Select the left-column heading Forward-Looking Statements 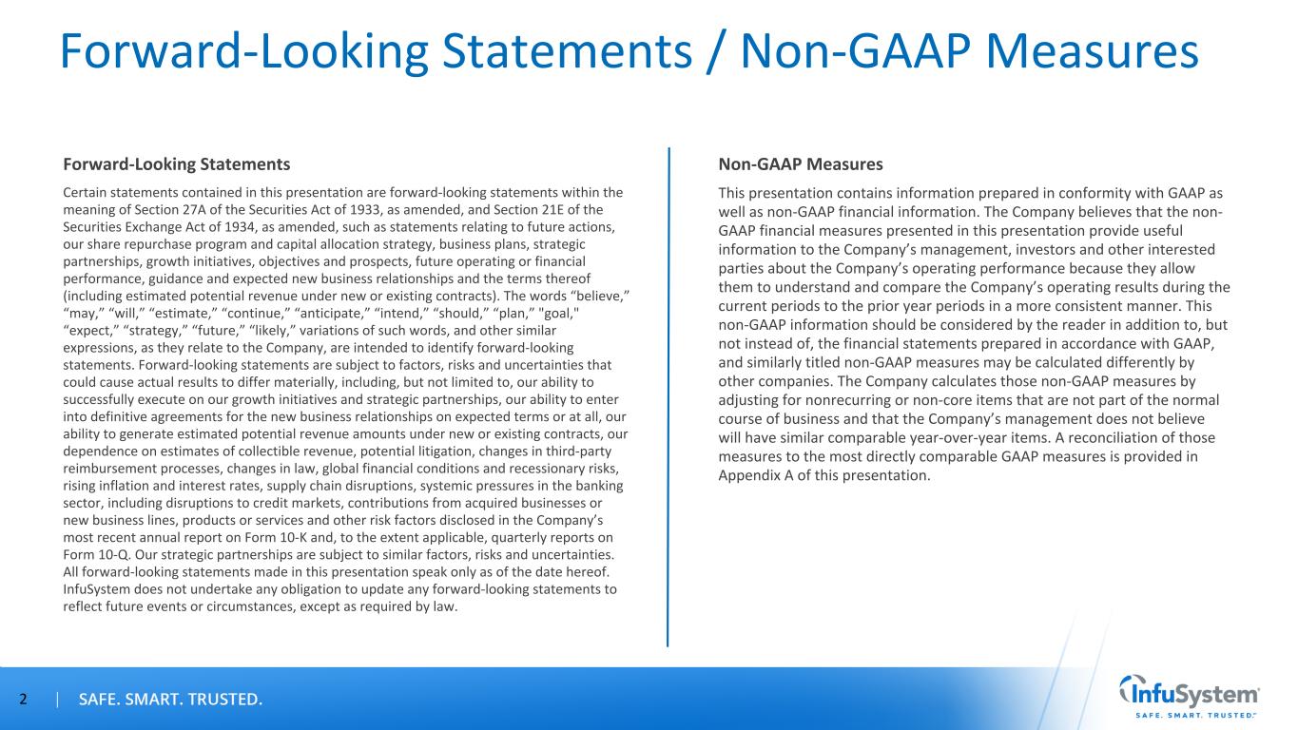(176, 164)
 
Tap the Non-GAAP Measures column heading (801, 164)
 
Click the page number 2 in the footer (24, 701)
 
